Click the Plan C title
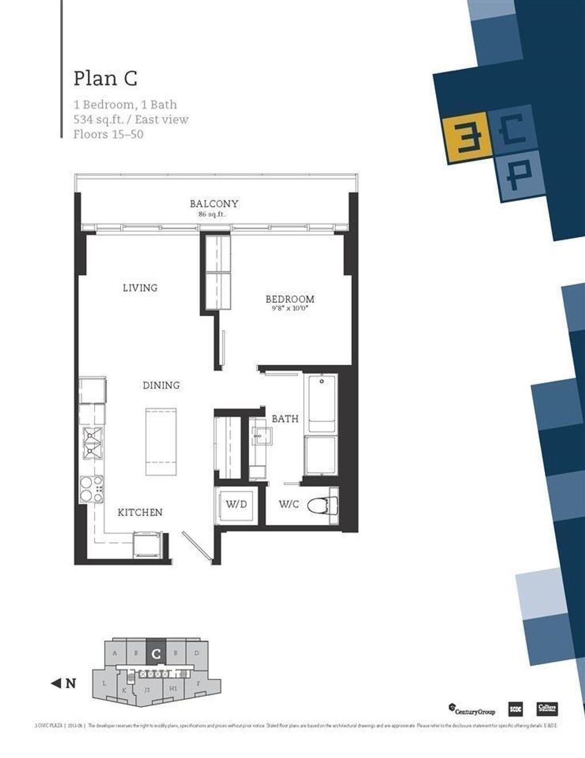[106, 78]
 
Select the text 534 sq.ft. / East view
[131, 119]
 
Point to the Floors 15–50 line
[108, 134]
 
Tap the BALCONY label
[214, 203]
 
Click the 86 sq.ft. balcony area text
[211, 215]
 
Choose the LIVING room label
[140, 288]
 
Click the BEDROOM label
[290, 299]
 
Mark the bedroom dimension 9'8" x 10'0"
[290, 309]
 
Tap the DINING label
[161, 386]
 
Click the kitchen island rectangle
[161, 442]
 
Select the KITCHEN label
[140, 512]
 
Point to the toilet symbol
[323, 505]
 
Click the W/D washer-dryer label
[236, 504]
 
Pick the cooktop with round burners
[91, 490]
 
